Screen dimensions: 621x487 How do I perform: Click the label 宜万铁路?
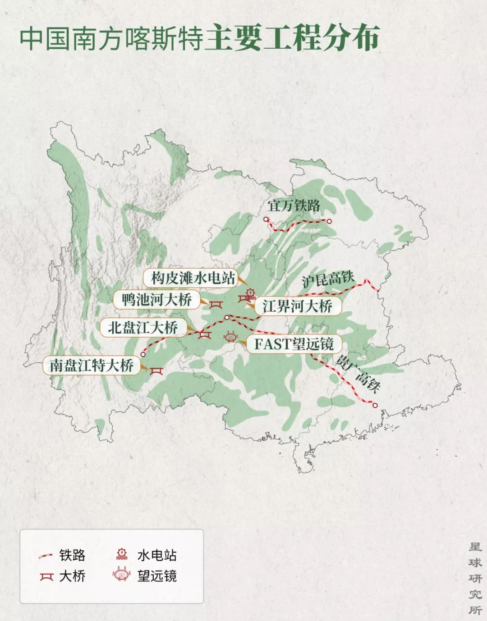coord(294,206)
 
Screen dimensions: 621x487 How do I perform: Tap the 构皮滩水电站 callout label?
coord(193,278)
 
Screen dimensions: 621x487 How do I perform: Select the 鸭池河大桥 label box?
coord(156,300)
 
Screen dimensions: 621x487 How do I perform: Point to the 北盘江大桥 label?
coord(142,328)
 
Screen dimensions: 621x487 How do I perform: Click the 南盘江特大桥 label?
coord(92,365)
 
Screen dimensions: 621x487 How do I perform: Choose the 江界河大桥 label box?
coord(298,307)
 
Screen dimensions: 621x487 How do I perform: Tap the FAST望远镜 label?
coord(294,344)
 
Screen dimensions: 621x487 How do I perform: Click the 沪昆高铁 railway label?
coord(328,280)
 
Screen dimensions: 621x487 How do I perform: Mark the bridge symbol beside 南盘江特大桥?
coord(156,370)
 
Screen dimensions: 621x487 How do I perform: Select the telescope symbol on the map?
coord(230,337)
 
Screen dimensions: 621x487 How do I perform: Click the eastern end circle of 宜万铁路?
coord(329,221)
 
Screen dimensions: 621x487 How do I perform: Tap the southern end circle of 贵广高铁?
coord(375,405)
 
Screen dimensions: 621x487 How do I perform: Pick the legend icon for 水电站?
coord(122,554)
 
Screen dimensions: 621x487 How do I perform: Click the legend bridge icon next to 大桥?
coord(46,576)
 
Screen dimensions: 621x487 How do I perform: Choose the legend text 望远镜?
coord(157,576)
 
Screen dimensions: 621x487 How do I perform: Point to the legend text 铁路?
coord(72,555)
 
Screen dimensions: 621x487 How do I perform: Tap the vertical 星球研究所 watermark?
coord(475,578)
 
